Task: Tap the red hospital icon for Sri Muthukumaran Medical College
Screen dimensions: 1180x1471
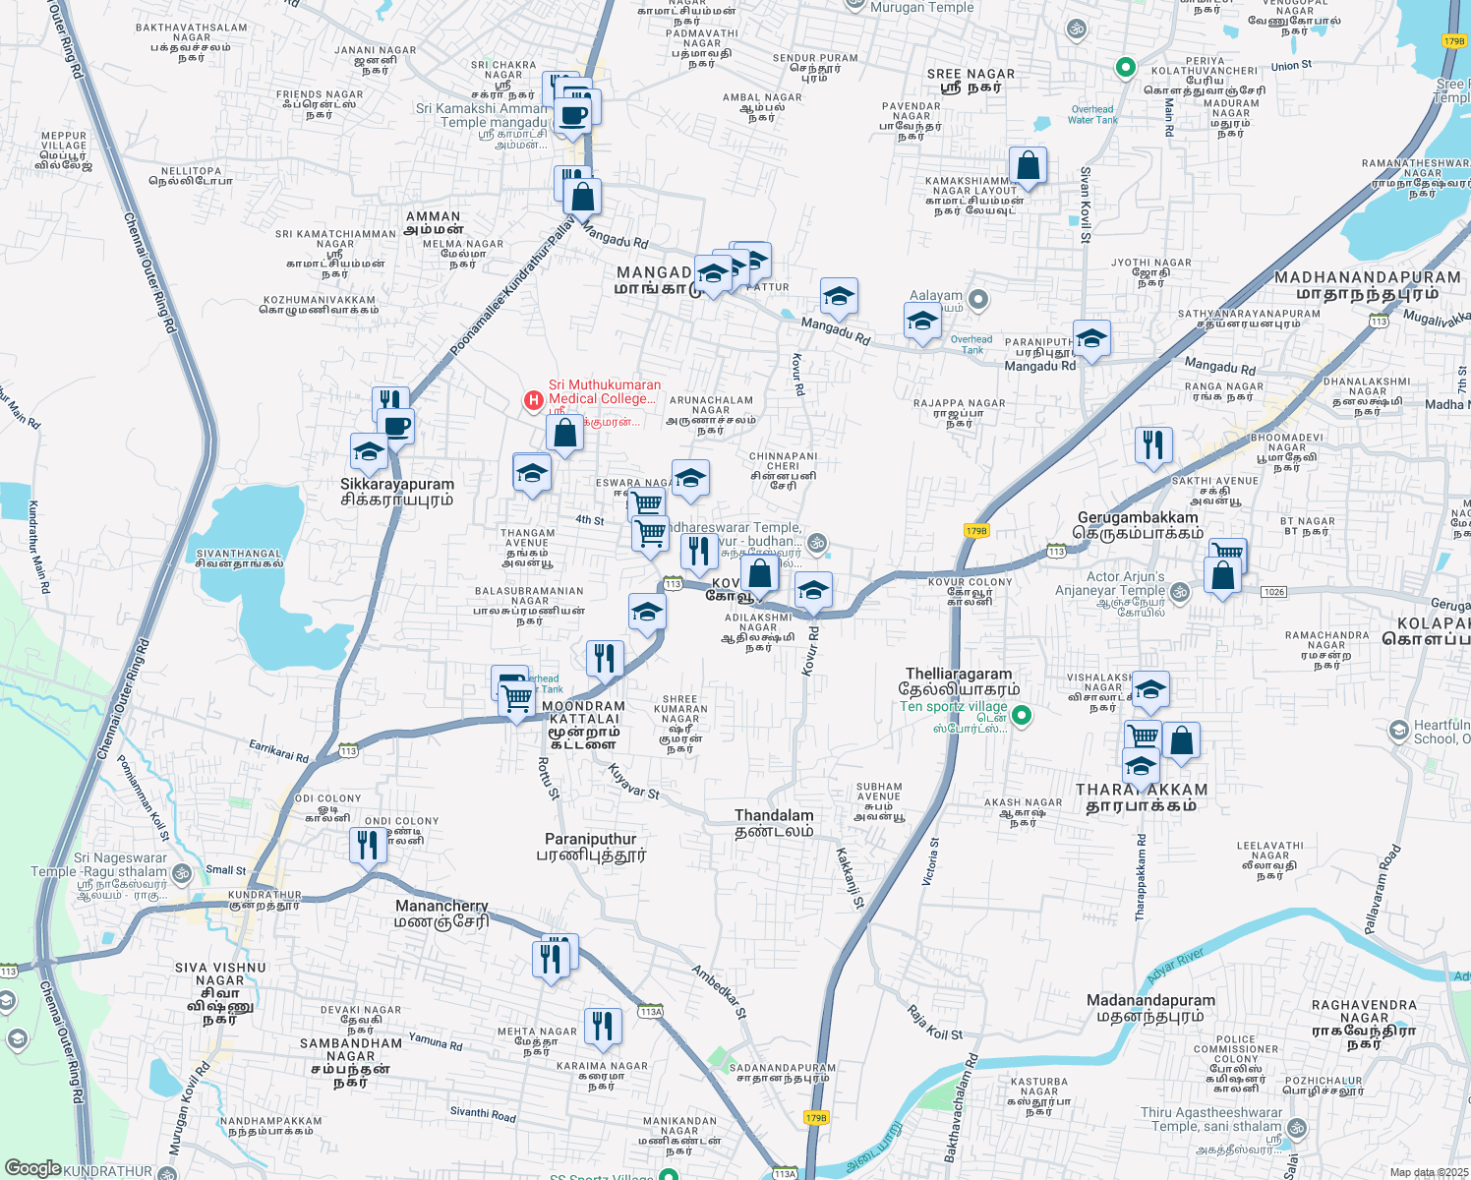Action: [533, 400]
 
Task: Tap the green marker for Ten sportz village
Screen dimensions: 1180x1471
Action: [1022, 715]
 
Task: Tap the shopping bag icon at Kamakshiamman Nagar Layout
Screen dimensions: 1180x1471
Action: [1028, 166]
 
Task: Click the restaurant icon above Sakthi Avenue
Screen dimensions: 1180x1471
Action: [1153, 444]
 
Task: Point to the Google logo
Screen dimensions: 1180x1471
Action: [32, 1168]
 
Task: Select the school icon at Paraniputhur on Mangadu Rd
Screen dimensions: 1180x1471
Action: [1091, 339]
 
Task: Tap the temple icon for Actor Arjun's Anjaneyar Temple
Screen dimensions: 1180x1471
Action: [1180, 592]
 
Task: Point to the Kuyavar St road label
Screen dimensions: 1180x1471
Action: [633, 781]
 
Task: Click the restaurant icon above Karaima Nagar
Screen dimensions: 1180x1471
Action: [603, 1026]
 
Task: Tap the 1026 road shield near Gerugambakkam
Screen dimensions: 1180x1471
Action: [1273, 592]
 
